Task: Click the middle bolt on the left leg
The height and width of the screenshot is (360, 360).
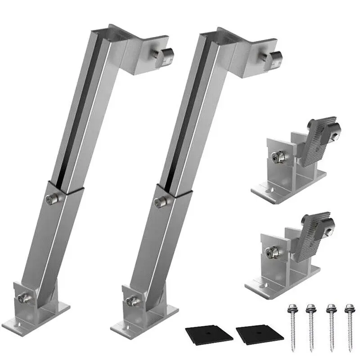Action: [x=52, y=198]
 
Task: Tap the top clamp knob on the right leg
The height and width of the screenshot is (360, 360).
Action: [x=273, y=58]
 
